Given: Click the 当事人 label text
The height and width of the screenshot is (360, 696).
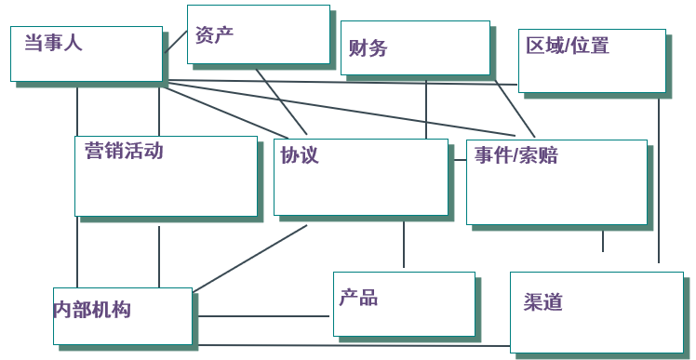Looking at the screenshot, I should click(x=53, y=42).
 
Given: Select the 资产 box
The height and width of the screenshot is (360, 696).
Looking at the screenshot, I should click(x=259, y=34).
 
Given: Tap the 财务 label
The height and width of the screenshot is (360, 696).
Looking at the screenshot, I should click(x=368, y=48).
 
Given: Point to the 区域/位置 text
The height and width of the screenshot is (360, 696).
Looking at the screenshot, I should click(x=568, y=46).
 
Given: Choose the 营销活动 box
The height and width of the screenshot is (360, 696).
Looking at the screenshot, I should click(x=166, y=177).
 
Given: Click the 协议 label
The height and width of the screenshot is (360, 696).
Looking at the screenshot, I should click(x=300, y=155).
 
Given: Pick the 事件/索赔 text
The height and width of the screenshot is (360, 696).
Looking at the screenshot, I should click(x=516, y=155).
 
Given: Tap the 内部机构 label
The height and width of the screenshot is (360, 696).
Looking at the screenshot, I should click(x=91, y=310).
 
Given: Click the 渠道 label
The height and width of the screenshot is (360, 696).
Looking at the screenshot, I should click(x=543, y=302).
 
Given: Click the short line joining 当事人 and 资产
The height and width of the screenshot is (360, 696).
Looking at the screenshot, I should click(x=175, y=41).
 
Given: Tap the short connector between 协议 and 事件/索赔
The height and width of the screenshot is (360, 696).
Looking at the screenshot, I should click(x=458, y=160).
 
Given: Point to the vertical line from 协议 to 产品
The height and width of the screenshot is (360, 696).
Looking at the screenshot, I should click(x=404, y=244).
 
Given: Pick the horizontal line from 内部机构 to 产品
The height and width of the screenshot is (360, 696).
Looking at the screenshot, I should click(x=264, y=316).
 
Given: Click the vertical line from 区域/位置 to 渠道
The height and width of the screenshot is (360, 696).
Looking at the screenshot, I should click(x=659, y=181).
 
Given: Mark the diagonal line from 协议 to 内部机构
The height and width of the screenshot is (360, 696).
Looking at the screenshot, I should click(x=251, y=257).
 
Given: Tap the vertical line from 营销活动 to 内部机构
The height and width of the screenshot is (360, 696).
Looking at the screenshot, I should click(x=159, y=255).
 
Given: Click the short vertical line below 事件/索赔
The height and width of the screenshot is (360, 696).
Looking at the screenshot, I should click(x=603, y=240).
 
